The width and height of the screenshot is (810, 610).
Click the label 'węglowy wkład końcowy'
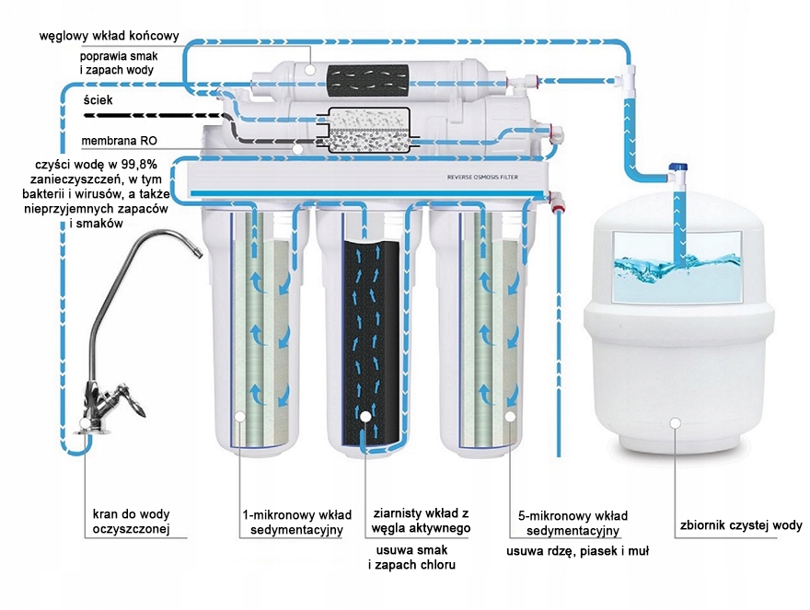tap(108, 38)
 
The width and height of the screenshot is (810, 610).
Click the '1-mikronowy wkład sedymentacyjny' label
tap(292, 523)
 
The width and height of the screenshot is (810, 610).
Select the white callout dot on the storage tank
tap(676, 422)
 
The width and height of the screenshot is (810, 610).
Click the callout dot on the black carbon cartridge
tap(365, 417)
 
